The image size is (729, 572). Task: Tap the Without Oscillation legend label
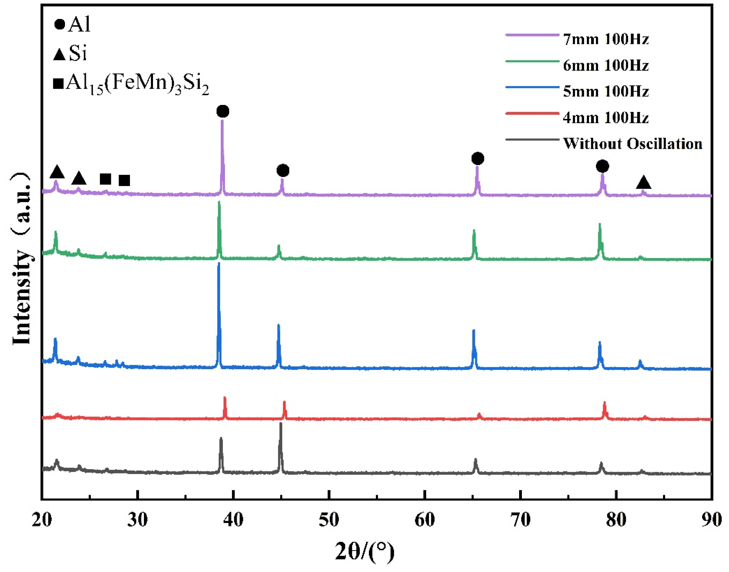click(631, 144)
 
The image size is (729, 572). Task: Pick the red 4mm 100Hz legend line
click(531, 113)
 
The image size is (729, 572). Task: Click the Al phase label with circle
click(72, 25)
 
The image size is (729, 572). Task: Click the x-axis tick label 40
click(233, 520)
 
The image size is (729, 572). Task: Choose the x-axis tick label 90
click(711, 520)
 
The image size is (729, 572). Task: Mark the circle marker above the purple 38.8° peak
click(223, 111)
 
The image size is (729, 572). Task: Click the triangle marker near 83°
click(643, 182)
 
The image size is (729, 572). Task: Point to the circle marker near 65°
click(477, 158)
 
